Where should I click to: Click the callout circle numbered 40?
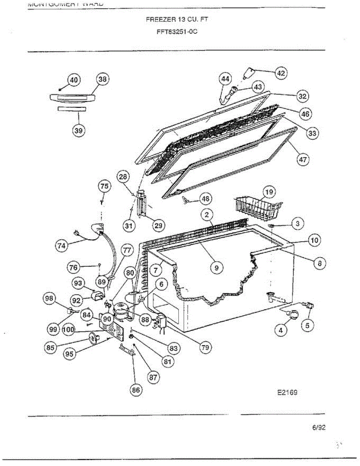(74, 80)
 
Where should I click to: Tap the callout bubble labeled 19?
(269, 191)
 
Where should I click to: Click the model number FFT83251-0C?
(177, 32)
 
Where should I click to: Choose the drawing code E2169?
(287, 392)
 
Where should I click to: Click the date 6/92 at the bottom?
(319, 428)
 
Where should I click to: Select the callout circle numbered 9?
(217, 267)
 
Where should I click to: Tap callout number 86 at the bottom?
(135, 391)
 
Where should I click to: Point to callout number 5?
(307, 325)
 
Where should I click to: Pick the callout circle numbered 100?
(68, 330)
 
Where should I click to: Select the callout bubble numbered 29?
(158, 225)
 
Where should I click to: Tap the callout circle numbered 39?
(79, 130)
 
